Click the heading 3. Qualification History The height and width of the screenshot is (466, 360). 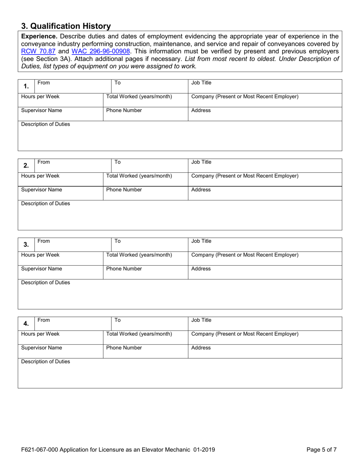[66, 26]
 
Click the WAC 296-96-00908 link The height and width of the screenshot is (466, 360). [101, 51]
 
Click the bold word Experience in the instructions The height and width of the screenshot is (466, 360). [39, 36]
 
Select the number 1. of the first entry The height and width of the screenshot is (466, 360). [26, 86]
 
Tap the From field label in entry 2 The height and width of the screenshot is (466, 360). [44, 162]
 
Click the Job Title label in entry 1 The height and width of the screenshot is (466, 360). [201, 83]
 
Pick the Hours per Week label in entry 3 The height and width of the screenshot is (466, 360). [40, 255]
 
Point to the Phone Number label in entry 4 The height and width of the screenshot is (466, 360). [124, 348]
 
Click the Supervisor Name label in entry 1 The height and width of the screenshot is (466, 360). [41, 111]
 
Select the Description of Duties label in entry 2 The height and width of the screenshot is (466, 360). [45, 203]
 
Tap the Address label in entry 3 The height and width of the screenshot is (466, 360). [201, 269]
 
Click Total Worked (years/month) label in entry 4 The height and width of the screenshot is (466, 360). [139, 334]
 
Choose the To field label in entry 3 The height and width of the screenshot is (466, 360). [117, 241]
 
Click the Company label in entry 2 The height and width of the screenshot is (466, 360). [245, 176]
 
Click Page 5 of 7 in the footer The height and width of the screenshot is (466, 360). [321, 450]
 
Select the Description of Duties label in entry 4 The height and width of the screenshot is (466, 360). [45, 362]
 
